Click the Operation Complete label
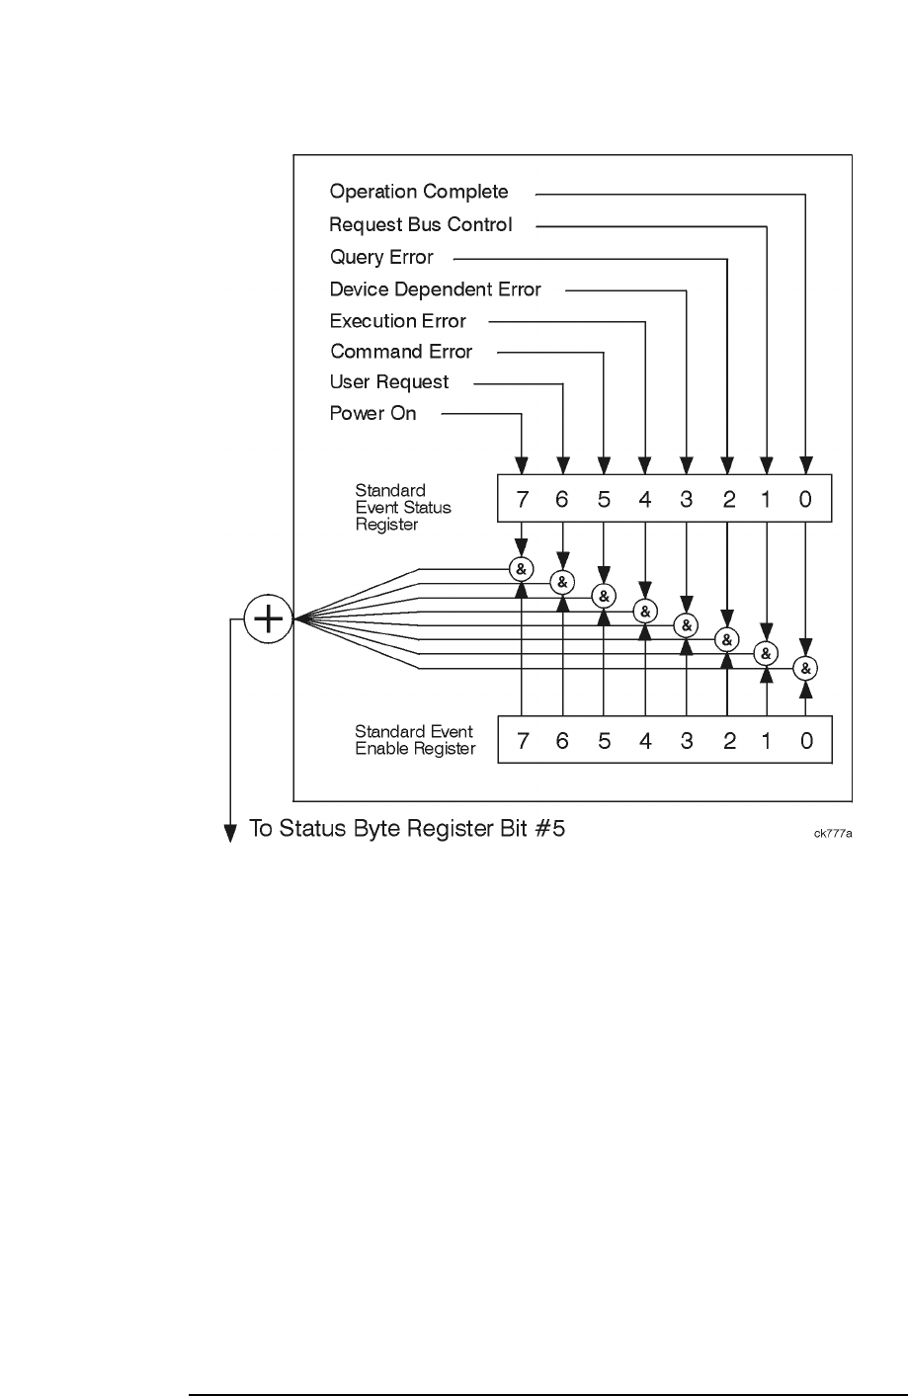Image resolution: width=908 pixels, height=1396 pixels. [x=419, y=192]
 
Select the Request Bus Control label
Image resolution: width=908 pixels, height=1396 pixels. [x=421, y=224]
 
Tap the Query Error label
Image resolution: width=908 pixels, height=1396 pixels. [x=381, y=257]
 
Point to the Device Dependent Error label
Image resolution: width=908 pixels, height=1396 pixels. [x=435, y=289]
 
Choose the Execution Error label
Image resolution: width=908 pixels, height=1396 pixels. [x=397, y=321]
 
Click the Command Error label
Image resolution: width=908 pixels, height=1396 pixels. [x=401, y=352]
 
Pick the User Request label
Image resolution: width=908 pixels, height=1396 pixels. [x=388, y=382]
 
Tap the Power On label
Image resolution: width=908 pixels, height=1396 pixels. [x=372, y=413]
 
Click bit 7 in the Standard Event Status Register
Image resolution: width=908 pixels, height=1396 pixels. [x=522, y=500]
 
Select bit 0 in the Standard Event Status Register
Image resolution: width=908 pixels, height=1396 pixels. [x=806, y=500]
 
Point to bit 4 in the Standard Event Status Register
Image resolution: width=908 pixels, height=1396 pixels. [x=645, y=500]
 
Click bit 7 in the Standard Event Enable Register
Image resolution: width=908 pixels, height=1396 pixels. [x=522, y=740]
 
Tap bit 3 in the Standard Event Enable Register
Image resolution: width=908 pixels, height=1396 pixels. [x=687, y=740]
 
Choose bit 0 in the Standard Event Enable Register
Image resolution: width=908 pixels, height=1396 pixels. [x=806, y=740]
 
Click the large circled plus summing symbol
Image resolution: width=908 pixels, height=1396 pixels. [x=269, y=619]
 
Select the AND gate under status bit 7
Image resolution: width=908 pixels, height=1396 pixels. [x=521, y=569]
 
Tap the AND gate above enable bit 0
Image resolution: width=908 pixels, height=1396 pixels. [x=806, y=669]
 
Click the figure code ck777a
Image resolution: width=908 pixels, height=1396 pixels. [x=833, y=833]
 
